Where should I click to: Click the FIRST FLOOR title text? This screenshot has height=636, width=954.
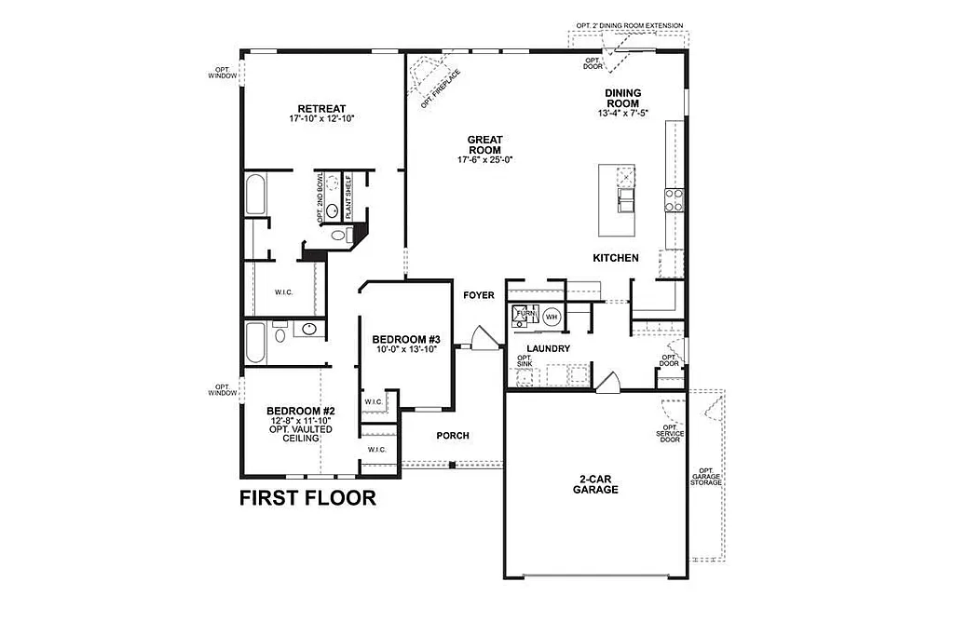[x=307, y=498]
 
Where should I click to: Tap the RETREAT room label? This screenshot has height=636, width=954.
[x=322, y=109]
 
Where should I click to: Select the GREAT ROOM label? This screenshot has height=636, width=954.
[x=485, y=144]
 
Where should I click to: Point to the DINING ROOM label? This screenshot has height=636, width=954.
[x=622, y=98]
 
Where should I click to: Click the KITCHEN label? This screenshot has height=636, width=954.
[x=616, y=258]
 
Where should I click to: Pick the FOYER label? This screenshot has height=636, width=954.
[x=479, y=296]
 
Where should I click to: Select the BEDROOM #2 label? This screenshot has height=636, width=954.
[x=300, y=411]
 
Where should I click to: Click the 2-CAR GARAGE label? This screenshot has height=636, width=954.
[x=595, y=484]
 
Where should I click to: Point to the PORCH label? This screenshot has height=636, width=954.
[x=453, y=436]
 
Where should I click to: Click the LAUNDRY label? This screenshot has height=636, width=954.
[x=548, y=349]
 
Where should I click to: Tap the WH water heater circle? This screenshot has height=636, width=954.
[x=552, y=317]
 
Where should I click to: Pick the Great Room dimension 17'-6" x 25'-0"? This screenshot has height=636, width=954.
[x=485, y=159]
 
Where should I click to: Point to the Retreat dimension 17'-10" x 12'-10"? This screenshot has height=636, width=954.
[x=322, y=119]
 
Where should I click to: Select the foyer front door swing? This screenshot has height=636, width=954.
[x=483, y=337]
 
